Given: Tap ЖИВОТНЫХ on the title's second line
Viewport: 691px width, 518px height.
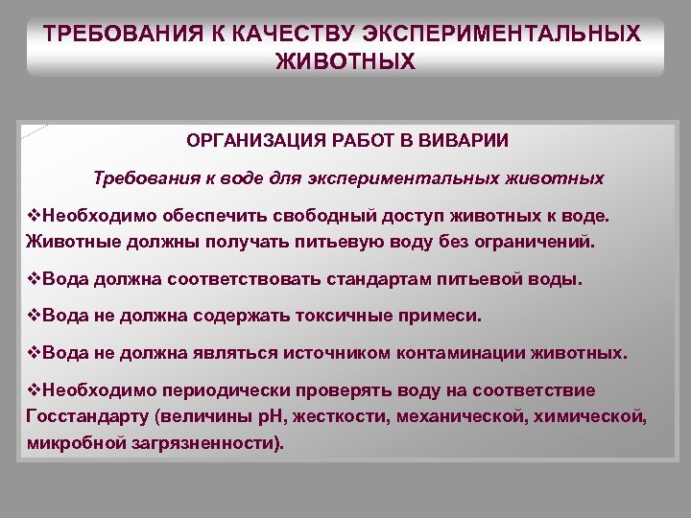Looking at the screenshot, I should tap(345, 62).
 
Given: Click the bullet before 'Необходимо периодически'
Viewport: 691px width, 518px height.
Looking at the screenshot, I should tap(35, 390).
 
